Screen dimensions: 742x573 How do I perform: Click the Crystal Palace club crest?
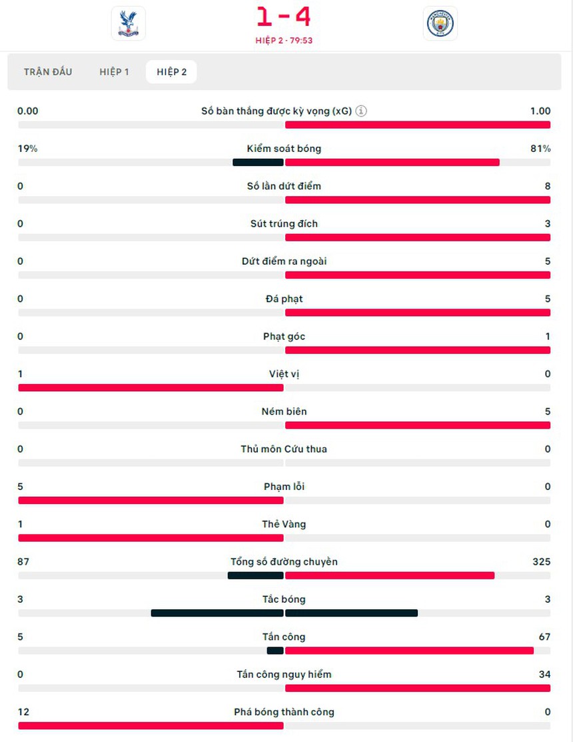pos(128,23)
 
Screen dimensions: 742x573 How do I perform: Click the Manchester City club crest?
pos(441,23)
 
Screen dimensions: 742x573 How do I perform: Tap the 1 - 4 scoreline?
pos(284,17)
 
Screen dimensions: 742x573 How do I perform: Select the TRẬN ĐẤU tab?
pos(48,72)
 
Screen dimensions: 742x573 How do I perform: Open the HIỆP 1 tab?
pos(115,72)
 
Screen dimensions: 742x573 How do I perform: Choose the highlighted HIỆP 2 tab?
pos(171,72)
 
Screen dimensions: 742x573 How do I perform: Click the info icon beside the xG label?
pos(361,111)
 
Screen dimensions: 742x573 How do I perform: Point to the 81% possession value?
pos(540,149)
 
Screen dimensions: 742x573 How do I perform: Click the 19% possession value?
pos(27,149)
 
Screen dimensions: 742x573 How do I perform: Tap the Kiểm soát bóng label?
pos(284,149)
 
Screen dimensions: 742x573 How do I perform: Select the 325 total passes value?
pos(541,562)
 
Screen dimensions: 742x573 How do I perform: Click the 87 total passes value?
pos(23,562)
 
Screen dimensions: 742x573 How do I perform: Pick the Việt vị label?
pos(284,374)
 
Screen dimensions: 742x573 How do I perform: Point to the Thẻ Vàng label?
pos(284,524)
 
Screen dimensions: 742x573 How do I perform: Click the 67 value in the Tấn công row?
pos(544,637)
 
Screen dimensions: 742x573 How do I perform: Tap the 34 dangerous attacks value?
pos(544,675)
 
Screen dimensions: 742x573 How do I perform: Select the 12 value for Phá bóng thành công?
pos(23,712)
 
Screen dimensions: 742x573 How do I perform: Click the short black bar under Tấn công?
pos(275,651)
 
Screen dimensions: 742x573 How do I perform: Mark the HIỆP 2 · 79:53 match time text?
pos(284,40)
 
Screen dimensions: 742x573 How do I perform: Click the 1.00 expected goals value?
pos(540,111)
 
